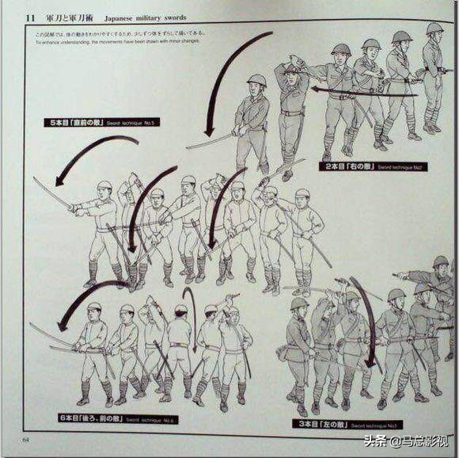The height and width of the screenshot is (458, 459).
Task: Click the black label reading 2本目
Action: click(x=350, y=168)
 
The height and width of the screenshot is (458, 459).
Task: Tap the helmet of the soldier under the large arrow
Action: click(x=256, y=80)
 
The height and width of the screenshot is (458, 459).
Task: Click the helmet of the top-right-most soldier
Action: click(x=434, y=29)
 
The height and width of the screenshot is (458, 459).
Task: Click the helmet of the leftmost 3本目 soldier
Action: click(x=299, y=303)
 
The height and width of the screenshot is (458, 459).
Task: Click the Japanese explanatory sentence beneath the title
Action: click(x=119, y=35)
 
